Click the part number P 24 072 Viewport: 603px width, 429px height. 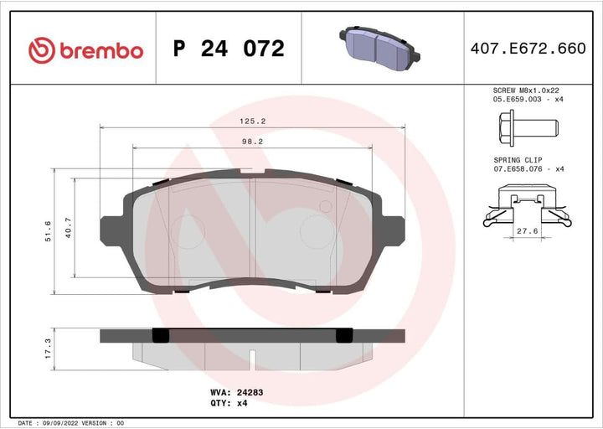coord(229,49)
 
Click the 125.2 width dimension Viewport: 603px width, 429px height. coord(252,121)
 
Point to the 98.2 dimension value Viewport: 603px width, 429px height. coord(252,142)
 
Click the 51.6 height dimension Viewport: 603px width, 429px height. coord(48,230)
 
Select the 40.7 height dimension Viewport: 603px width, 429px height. coord(70,228)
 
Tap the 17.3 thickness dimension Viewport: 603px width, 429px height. coord(48,348)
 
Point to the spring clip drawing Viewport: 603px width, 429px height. coord(527,209)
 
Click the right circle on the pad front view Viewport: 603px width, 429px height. coord(317,229)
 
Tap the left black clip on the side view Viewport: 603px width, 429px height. coord(161,335)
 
